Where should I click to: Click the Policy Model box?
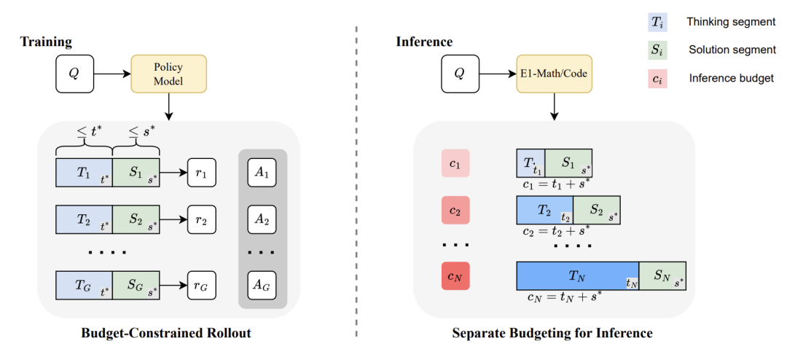(168, 74)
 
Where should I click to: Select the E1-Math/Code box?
(555, 74)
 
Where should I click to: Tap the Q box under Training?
(75, 74)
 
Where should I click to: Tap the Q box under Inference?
(461, 74)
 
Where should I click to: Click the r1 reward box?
(201, 173)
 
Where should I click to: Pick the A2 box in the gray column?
(262, 219)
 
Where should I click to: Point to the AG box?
(262, 286)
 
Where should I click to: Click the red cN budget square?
(455, 275)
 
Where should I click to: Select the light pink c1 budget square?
(455, 163)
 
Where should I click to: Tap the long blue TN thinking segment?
(578, 275)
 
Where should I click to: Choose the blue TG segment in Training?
(84, 286)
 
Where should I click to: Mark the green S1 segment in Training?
(136, 173)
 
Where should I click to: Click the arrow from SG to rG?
(173, 286)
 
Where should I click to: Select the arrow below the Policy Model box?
(168, 106)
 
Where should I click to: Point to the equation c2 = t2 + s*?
(555, 231)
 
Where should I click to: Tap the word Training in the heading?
(46, 42)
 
